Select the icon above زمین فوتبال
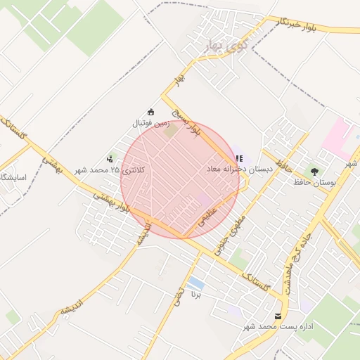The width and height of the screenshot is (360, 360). pyautogui.click(x=150, y=111)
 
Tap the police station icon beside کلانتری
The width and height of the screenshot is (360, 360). pyautogui.click(x=110, y=160)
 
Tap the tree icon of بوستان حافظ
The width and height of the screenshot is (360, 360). pyautogui.click(x=314, y=170)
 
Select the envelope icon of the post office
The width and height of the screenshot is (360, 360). pyautogui.click(x=278, y=316)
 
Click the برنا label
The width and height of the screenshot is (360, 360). pyautogui.click(x=196, y=296)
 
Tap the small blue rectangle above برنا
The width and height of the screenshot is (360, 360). pyautogui.click(x=196, y=283)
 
